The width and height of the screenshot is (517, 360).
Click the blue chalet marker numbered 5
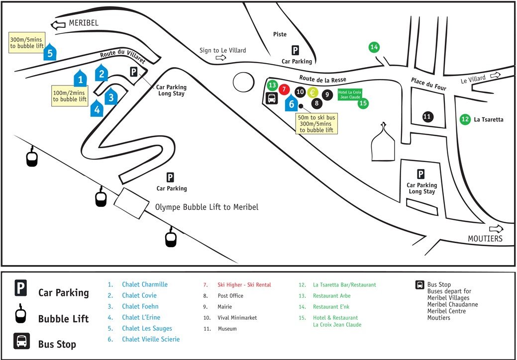coord(50,52)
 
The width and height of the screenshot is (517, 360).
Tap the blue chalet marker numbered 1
coord(80,78)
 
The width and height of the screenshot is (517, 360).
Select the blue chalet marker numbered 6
coord(291,103)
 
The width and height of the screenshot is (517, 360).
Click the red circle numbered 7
coord(284,89)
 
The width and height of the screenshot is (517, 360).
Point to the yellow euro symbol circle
coord(312,92)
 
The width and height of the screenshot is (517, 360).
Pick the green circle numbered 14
coord(374,47)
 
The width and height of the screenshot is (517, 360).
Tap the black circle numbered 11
coord(427,116)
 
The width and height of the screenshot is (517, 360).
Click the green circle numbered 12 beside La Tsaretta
coord(465,119)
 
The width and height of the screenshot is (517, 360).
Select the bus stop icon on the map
coord(272,98)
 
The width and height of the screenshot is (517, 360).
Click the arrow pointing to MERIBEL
coord(58,25)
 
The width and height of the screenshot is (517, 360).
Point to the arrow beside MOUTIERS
coord(496,229)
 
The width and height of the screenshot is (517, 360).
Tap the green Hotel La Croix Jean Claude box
coord(350,94)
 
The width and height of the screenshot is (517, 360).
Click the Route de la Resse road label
coord(322,79)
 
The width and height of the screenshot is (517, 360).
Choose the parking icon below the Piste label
coord(295,50)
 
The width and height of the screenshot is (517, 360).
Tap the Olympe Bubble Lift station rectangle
coord(131,203)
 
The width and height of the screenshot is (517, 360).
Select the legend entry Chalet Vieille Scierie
coord(151,339)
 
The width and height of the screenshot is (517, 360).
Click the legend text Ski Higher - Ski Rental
coord(244,285)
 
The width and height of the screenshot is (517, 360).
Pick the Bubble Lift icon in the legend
coord(21,314)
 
